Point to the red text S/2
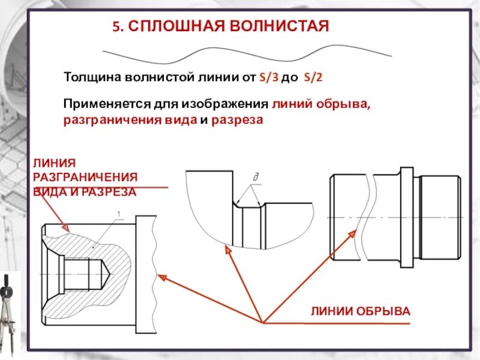314,77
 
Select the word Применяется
101,103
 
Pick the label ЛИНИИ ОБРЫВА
360,311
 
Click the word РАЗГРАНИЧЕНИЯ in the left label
85,177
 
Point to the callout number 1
119,214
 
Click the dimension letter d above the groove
256,178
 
